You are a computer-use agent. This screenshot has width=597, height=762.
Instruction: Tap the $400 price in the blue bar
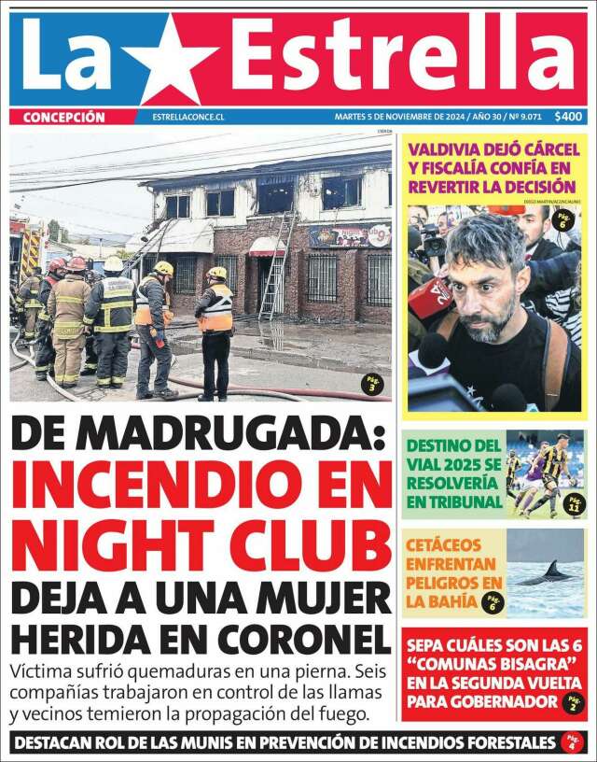(568, 117)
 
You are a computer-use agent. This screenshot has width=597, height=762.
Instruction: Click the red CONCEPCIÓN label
(63, 117)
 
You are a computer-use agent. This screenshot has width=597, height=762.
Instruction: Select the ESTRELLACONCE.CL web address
(185, 118)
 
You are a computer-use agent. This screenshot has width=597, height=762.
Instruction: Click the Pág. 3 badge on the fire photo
(371, 385)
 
